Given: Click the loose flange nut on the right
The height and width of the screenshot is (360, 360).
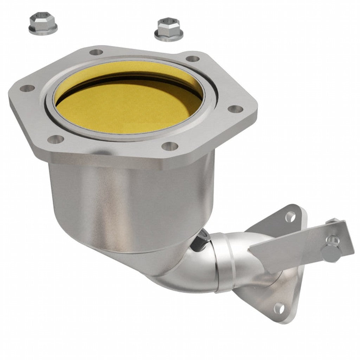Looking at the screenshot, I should point(166,30).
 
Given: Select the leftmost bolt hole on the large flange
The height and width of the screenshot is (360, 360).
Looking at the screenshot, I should point(27,88).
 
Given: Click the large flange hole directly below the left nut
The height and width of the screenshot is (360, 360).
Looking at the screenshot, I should point(96,52).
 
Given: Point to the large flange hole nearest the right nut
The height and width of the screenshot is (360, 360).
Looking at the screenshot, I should point(192,58).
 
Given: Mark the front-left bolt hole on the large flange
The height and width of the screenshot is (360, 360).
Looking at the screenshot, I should point(55,139).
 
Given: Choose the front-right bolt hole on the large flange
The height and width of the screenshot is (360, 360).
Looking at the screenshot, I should point(171,146).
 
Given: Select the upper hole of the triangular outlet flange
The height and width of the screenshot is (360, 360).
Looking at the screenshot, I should point(290,216).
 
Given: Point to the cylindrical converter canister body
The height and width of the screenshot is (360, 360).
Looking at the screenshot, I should point(130,204).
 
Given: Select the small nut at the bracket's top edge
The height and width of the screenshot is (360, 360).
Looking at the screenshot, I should point(332,222).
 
